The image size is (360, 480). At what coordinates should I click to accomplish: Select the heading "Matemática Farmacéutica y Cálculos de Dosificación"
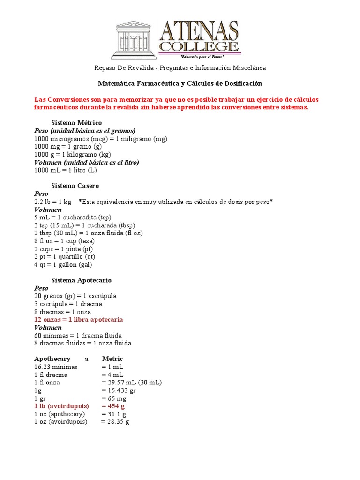click(x=180, y=83)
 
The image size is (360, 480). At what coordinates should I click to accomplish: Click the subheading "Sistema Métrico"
click(x=76, y=122)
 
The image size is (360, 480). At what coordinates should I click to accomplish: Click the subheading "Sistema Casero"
click(x=75, y=186)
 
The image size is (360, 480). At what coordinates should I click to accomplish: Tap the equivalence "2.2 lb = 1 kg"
click(x=52, y=202)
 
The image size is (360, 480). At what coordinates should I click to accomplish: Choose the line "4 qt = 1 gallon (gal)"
click(x=63, y=264)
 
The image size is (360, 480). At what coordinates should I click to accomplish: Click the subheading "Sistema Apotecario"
click(x=81, y=280)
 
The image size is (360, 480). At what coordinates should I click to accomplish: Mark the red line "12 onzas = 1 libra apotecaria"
click(x=79, y=319)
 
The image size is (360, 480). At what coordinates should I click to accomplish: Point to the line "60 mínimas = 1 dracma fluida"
click(x=78, y=335)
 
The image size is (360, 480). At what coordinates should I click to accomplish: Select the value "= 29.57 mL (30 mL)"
click(x=131, y=382)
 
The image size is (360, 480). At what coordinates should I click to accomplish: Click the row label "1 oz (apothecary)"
click(x=60, y=414)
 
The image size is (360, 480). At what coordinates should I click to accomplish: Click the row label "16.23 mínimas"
click(x=56, y=367)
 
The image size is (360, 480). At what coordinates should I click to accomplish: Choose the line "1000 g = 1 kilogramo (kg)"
click(x=72, y=154)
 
